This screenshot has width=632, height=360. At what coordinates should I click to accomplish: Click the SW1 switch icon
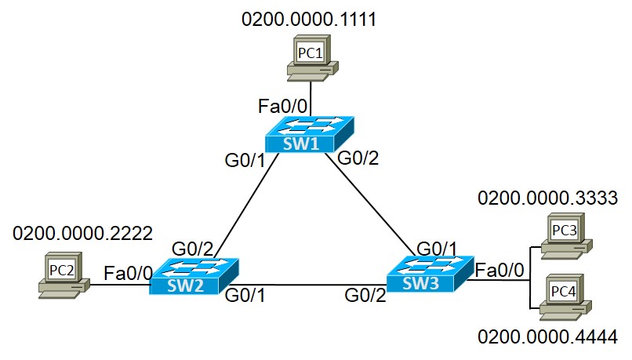tap(309, 134)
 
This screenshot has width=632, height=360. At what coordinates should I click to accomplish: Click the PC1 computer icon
tap(311, 58)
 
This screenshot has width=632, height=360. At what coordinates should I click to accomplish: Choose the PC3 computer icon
tap(562, 235)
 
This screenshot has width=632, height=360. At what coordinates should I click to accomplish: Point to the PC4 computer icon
tap(562, 296)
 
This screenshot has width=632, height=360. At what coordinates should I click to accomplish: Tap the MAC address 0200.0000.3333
tap(548, 196)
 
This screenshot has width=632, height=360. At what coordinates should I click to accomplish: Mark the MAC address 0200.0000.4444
tap(548, 337)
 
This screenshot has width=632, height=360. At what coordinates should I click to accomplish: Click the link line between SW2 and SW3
tap(310, 284)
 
